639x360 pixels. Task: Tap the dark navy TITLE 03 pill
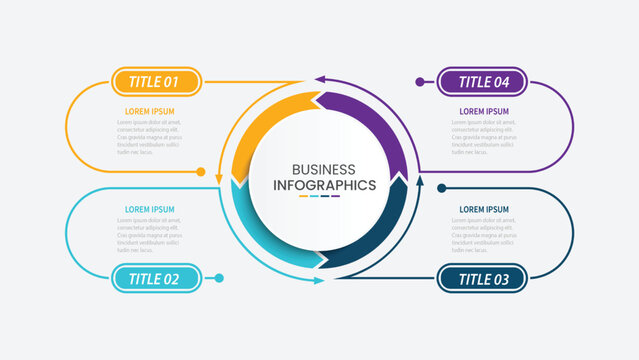click(x=483, y=279)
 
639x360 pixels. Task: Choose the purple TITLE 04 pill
click(x=483, y=81)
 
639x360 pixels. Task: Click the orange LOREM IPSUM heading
click(x=149, y=111)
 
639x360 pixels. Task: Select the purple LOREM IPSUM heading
click(x=484, y=111)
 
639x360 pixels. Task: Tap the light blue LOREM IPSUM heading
click(x=149, y=209)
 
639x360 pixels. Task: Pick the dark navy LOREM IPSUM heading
click(x=484, y=209)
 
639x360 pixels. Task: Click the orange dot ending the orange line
click(x=201, y=172)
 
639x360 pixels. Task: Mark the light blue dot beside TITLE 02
click(x=220, y=278)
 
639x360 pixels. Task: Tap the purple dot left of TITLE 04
click(x=420, y=81)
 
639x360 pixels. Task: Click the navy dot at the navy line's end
click(x=441, y=187)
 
